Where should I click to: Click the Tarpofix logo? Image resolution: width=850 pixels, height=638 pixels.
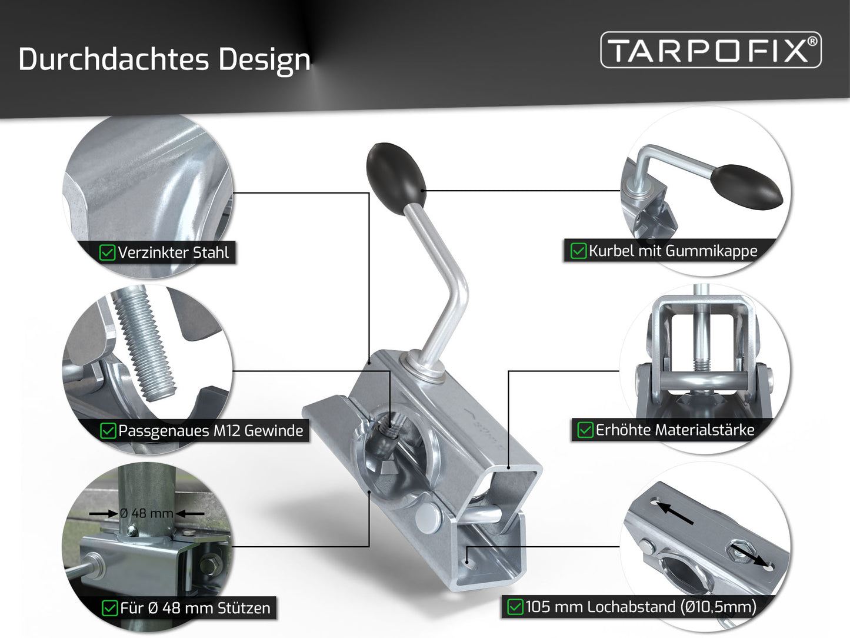[711, 50]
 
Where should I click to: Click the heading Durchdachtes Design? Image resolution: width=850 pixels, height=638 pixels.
[164, 59]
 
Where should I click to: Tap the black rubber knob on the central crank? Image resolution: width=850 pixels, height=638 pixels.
[396, 178]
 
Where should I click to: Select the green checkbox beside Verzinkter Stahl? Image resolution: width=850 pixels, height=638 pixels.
[107, 252]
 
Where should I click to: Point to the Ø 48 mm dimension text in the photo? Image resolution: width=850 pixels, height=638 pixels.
[146, 513]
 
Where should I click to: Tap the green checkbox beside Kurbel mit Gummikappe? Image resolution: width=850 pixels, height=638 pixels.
[578, 251]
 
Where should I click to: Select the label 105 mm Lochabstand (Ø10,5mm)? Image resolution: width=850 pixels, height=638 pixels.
[641, 607]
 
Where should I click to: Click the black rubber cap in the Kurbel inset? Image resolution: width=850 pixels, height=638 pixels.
[746, 187]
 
